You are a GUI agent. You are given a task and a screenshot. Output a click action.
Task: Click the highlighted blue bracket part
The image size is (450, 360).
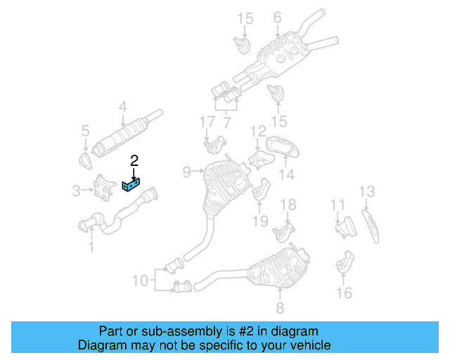point(131,185)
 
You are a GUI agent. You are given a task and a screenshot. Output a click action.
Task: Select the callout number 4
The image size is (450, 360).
point(122,108)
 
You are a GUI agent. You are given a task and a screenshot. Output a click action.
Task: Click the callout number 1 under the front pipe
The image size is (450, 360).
point(90,246)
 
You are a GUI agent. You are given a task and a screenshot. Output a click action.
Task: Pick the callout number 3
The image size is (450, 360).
point(77,189)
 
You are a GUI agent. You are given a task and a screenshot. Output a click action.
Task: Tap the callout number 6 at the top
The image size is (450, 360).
point(277,18)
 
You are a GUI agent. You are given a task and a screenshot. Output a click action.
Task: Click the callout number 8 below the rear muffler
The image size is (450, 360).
point(279,307)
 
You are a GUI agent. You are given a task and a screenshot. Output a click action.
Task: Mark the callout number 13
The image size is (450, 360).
point(367,191)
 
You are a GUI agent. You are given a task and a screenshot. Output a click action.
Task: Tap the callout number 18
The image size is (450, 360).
point(288,205)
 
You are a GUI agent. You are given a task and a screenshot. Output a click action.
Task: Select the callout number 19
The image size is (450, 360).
point(261,221)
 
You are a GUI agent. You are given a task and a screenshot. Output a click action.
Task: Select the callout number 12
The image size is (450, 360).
point(258,131)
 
